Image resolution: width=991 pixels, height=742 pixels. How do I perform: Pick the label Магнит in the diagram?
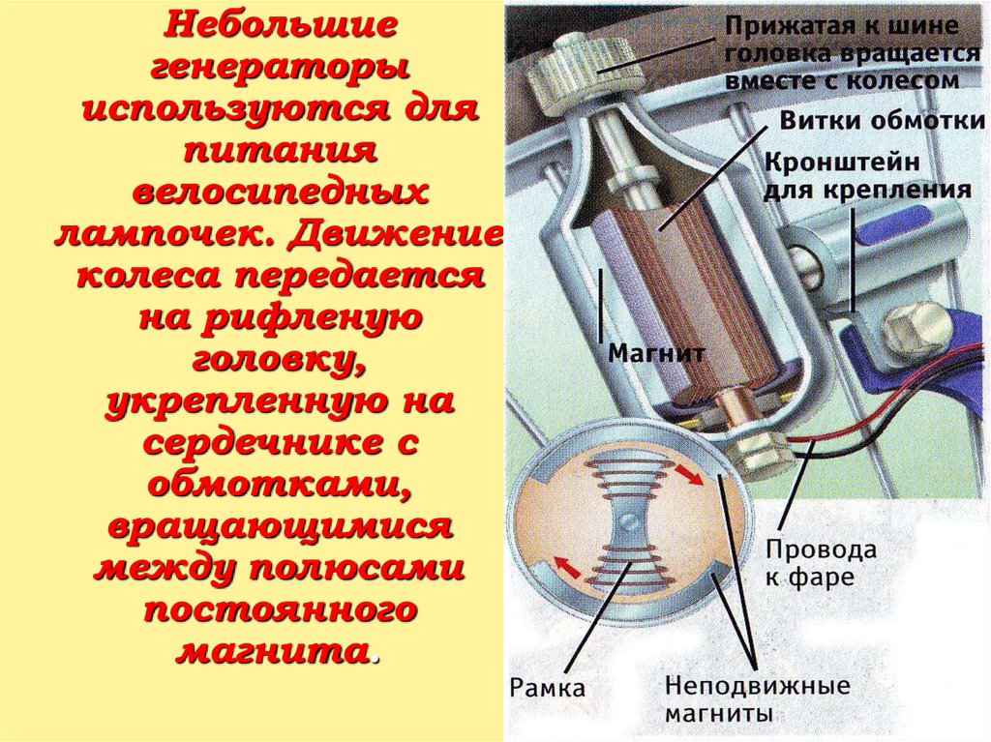[x=655, y=353]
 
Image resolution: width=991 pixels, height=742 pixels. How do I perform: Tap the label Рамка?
[x=548, y=688]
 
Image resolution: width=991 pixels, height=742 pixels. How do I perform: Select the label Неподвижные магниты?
[x=756, y=699]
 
